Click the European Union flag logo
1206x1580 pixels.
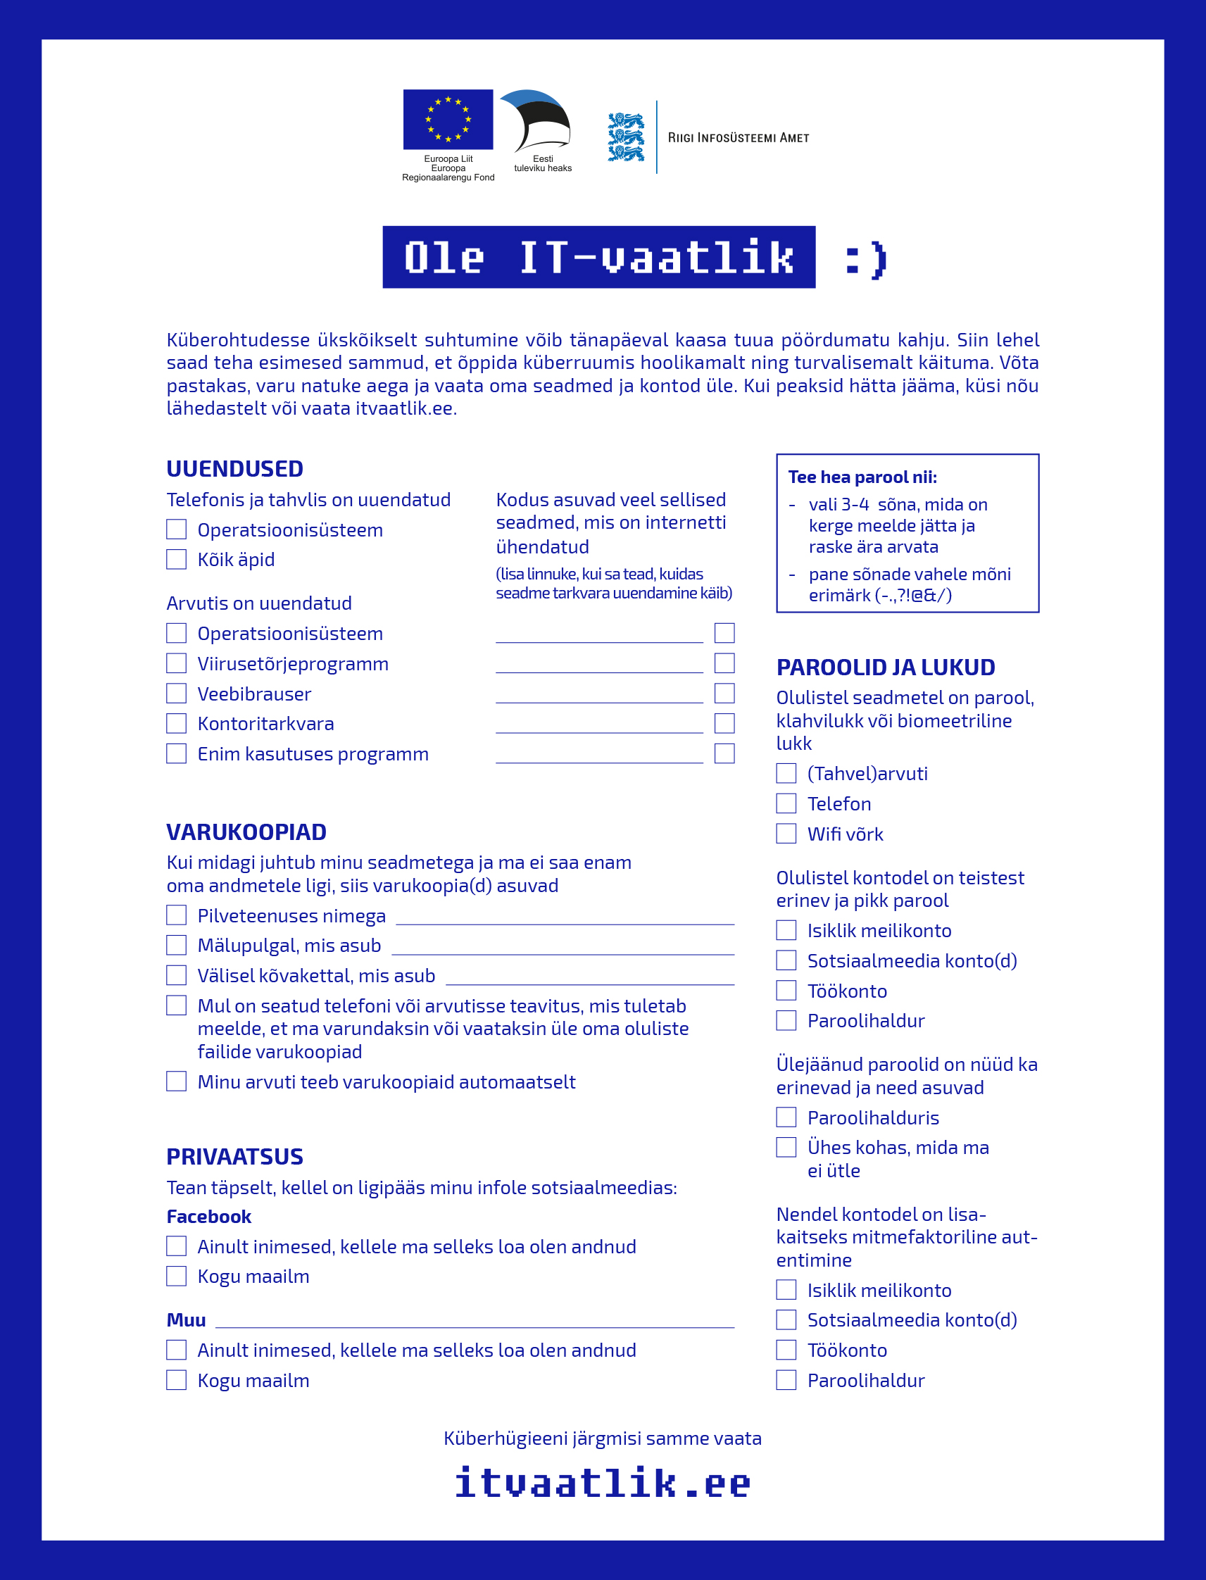point(448,119)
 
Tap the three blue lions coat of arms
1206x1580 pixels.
point(626,137)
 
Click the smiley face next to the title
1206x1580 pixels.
point(867,258)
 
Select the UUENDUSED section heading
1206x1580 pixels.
point(234,469)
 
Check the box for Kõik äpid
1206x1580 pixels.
point(177,559)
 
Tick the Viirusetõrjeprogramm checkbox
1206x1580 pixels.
point(177,663)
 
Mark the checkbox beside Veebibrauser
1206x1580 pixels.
point(177,694)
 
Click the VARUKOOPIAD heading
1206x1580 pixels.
point(246,832)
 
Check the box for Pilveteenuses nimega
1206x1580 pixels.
point(177,915)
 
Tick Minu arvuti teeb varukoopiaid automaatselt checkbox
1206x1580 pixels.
point(177,1081)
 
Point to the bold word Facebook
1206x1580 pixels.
point(209,1217)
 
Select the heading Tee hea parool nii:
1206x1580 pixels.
point(862,477)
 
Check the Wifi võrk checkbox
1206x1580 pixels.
point(786,834)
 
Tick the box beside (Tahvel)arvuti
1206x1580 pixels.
point(786,773)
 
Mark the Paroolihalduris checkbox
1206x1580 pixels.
point(786,1117)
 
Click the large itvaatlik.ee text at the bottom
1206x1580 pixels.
point(602,1483)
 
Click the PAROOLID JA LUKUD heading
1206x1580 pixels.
point(886,667)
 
